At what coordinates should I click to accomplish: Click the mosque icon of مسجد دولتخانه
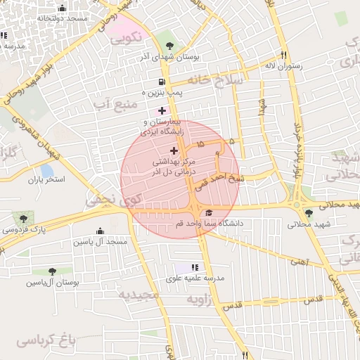coord(62,9)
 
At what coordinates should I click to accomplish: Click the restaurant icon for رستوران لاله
coord(284,55)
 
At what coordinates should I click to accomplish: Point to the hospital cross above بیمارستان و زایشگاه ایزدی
coord(162,110)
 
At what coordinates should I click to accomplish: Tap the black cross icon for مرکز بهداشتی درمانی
coord(174,150)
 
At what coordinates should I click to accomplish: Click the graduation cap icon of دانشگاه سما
coord(208,214)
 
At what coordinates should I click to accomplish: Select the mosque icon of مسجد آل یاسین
coord(100,231)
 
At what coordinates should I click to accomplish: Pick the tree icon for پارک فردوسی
coord(24,219)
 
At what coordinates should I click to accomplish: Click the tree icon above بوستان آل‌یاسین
coord(53,271)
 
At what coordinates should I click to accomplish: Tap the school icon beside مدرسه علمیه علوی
coord(195,267)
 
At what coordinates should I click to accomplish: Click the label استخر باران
coord(46,180)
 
